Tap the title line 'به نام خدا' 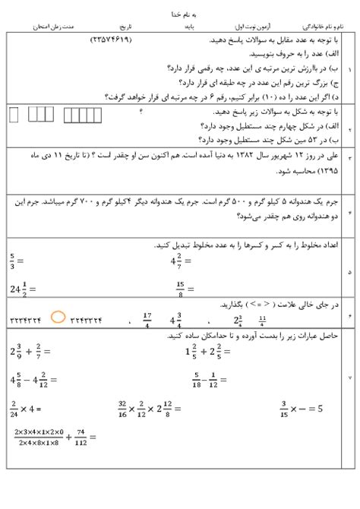181,13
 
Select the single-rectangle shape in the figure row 13,115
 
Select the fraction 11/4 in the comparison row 262,318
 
